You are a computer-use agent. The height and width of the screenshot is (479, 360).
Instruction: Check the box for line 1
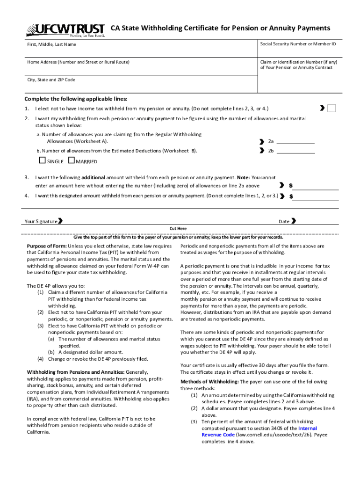click(x=331, y=109)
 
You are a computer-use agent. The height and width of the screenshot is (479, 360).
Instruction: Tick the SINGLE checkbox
click(x=42, y=161)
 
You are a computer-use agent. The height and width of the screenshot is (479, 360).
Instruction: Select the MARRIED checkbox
click(x=71, y=161)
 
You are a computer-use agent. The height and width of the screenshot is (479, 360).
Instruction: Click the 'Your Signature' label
click(x=41, y=221)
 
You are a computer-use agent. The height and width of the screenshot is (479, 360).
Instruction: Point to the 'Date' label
click(x=284, y=221)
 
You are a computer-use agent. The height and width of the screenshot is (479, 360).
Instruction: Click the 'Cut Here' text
click(x=178, y=228)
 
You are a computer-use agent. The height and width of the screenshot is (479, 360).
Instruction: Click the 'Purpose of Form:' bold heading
click(x=47, y=246)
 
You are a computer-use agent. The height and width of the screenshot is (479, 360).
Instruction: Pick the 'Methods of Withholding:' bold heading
click(x=209, y=382)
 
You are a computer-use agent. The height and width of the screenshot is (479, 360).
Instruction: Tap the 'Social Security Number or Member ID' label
click(x=298, y=44)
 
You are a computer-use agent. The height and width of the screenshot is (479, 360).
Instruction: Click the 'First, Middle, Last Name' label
click(x=51, y=44)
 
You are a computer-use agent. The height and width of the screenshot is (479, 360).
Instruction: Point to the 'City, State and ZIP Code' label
click(x=51, y=80)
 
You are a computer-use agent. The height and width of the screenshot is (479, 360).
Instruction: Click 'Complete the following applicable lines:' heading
click(x=76, y=99)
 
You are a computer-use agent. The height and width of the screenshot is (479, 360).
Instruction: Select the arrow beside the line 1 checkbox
click(x=322, y=109)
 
